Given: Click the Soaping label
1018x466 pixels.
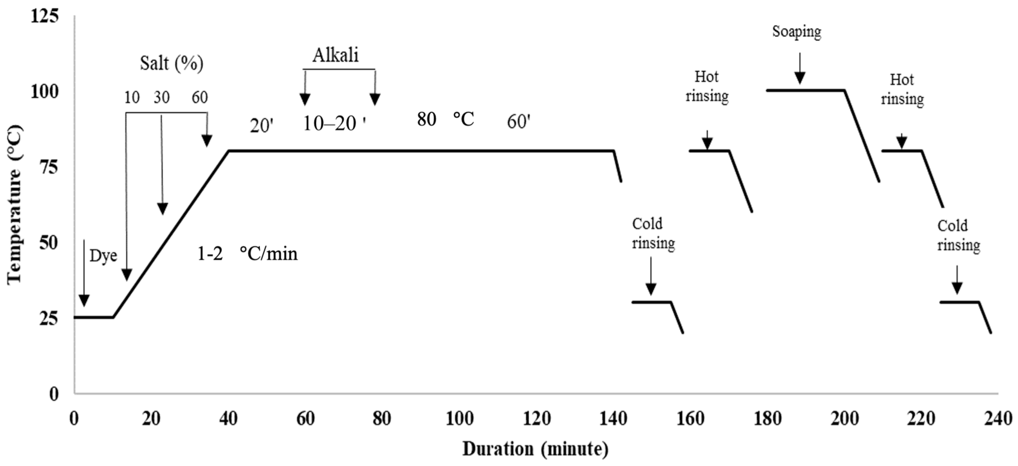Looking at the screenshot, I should pos(796,32).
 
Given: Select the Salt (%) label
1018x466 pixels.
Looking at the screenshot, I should pos(172,63).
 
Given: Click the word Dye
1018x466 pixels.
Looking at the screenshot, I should pos(103,256).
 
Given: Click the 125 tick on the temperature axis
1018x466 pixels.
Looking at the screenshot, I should pos(45,16).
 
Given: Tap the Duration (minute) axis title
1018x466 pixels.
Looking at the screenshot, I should pos(535,449).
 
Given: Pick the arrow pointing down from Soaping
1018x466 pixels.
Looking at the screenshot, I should pos(800,68).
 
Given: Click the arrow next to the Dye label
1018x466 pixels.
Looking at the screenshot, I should pos(84,272).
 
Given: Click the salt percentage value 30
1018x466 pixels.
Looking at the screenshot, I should pos(161,97).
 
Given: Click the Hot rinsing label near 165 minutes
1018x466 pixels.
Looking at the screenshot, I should pos(707,86).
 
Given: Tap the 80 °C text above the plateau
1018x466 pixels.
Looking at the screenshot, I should pos(445,119).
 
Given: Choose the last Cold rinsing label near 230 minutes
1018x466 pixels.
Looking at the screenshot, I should pos(958,235).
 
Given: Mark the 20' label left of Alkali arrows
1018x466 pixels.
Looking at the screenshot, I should pos(261,126).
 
